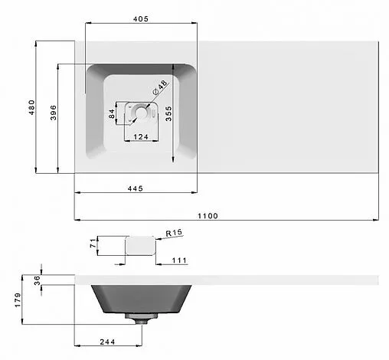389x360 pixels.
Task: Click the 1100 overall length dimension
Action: (208, 216)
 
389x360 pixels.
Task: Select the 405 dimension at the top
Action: (141, 19)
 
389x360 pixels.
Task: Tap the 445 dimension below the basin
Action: (136, 188)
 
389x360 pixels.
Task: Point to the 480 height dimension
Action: (31, 107)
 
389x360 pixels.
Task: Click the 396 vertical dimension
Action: (53, 113)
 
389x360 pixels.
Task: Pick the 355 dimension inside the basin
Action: (168, 113)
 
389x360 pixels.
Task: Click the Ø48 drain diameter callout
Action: (160, 87)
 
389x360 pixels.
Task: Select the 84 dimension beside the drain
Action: (112, 114)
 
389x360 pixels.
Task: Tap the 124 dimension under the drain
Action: (141, 137)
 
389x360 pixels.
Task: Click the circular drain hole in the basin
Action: (140, 113)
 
